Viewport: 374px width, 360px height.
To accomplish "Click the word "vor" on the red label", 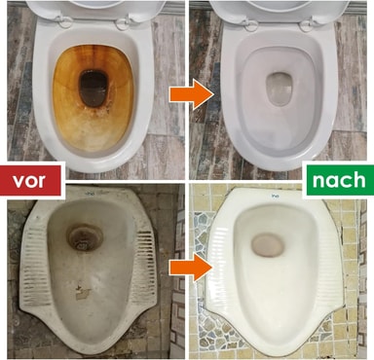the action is coord(28,180).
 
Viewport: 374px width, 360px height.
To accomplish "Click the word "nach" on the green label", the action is coord(339,180).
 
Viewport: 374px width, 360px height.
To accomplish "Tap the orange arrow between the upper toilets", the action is coord(191,95).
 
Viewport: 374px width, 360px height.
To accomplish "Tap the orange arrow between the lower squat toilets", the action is coord(191,267).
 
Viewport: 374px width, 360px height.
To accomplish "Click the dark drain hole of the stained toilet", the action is coord(93,89).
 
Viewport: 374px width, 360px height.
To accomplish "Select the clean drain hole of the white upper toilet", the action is coord(280,89).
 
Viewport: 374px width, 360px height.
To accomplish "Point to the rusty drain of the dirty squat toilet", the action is coord(85,237).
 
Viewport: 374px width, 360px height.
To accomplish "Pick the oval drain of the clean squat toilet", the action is coord(268,245).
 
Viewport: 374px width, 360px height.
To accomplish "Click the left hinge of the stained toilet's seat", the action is coord(64,20).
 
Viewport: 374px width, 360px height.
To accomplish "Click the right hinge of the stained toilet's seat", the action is coord(125,22).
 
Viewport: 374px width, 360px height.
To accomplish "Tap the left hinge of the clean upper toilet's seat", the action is coord(248,22).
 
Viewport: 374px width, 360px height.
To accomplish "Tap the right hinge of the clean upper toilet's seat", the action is coord(309,24).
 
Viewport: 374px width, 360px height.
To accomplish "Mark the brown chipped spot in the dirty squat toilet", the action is coord(83,293).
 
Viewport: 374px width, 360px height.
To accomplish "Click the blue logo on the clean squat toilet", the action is coord(276,196).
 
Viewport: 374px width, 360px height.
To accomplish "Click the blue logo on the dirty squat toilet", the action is coord(89,194).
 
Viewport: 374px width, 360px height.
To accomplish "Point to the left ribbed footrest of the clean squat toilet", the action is coord(222,256).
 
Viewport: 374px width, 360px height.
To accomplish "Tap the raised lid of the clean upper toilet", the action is coord(280,10).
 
